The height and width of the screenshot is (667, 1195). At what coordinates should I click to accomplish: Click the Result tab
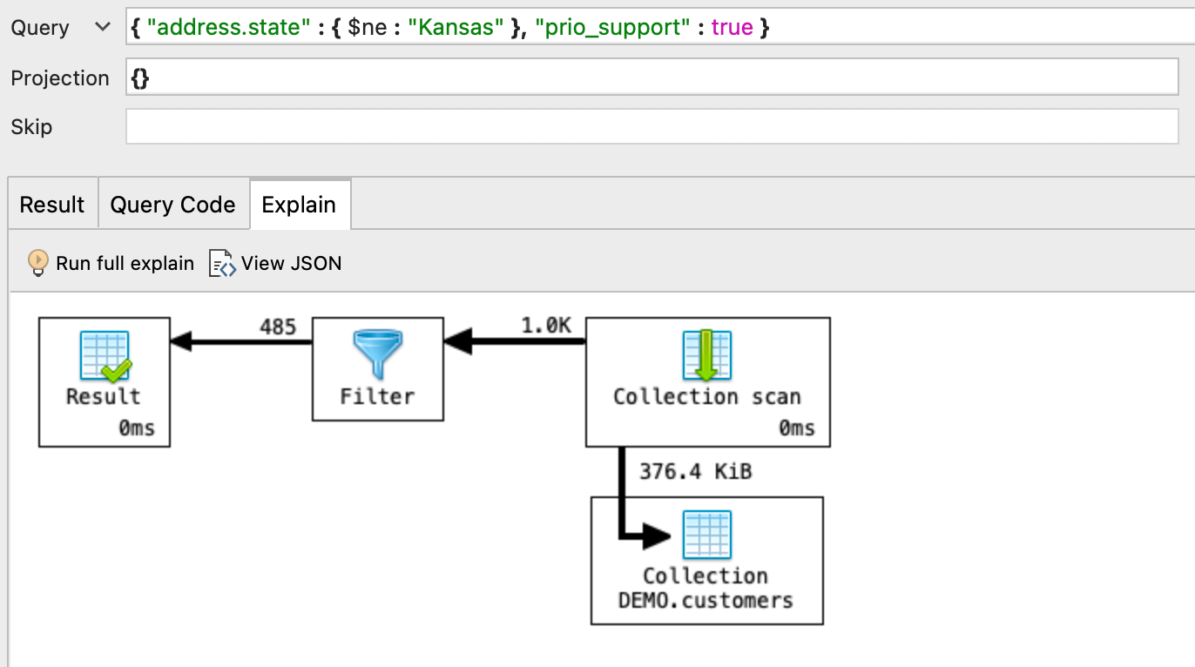[x=52, y=205]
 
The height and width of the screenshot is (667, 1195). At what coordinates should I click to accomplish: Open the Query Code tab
[x=172, y=205]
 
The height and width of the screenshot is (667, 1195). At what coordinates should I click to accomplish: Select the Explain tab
[x=299, y=205]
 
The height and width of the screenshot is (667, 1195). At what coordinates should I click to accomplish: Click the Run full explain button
[x=111, y=263]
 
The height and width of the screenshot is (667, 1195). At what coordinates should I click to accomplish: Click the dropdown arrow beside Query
[x=103, y=28]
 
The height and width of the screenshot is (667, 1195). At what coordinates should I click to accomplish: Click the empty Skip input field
[x=652, y=127]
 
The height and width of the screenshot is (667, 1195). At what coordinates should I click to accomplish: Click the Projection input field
[x=652, y=78]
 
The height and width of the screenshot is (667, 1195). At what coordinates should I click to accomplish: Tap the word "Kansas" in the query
[x=456, y=28]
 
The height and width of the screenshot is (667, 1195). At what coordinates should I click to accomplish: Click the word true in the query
[x=732, y=28]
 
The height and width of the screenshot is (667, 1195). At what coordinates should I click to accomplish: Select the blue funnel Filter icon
[x=377, y=354]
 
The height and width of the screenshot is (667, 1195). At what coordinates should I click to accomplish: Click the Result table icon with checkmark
[x=105, y=355]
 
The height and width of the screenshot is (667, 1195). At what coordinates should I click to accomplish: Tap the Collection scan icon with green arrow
[x=706, y=355]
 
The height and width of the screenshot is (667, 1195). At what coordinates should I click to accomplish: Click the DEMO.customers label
[x=706, y=600]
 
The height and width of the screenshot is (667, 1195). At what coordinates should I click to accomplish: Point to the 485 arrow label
[x=278, y=327]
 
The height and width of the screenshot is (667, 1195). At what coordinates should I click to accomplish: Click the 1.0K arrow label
[x=546, y=326]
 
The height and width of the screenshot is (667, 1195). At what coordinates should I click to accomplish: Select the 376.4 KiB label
[x=695, y=471]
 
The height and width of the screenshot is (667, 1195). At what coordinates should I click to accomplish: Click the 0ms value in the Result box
[x=137, y=428]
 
